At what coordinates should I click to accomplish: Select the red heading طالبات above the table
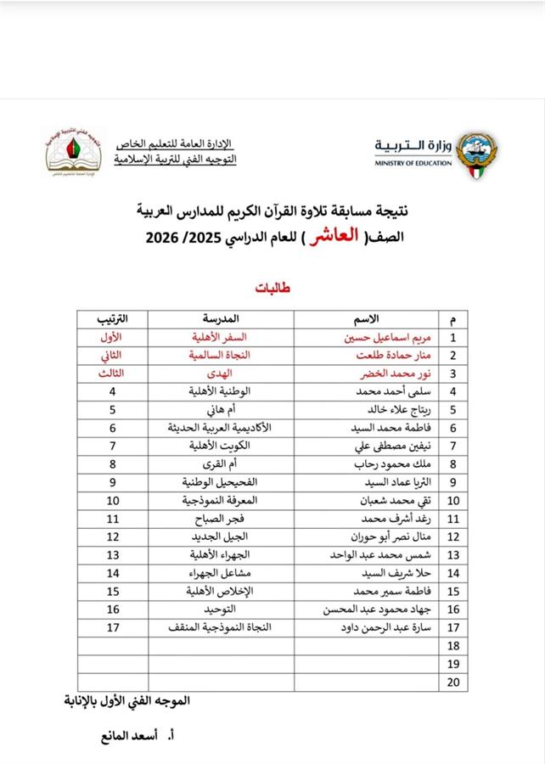tap(272, 289)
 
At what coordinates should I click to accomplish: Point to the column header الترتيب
tap(111, 319)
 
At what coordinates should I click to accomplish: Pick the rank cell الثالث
tap(111, 374)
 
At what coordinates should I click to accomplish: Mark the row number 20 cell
tap(452, 683)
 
